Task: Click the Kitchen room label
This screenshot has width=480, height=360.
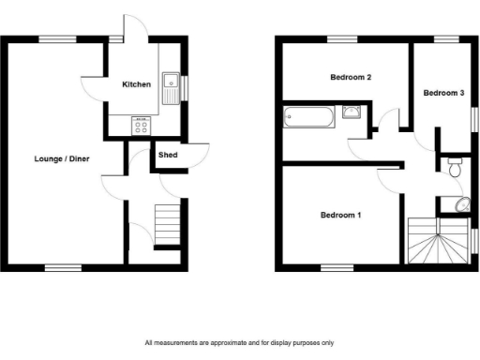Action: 137,84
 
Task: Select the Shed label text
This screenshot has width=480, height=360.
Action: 169,155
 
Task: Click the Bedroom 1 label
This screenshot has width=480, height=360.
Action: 340,215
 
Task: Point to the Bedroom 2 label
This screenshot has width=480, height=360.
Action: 346,77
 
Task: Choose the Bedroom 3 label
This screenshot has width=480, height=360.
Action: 443,93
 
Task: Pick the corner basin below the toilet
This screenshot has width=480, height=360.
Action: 460,205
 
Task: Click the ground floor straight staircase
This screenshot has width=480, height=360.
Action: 166,225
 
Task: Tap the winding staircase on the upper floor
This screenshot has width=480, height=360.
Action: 439,241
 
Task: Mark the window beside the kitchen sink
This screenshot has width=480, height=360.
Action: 185,87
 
